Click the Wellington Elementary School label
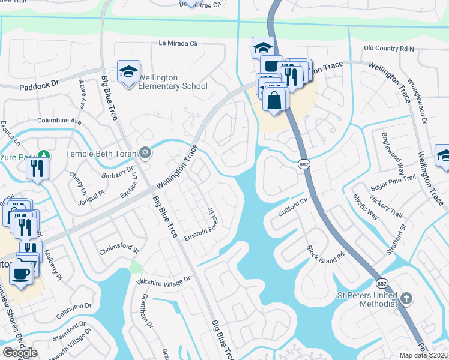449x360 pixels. click(x=173, y=82)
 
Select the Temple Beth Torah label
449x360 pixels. click(x=102, y=154)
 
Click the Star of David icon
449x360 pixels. click(x=145, y=154)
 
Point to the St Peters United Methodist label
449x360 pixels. click(x=367, y=299)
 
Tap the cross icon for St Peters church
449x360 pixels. click(x=406, y=298)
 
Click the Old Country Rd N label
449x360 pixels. click(x=389, y=48)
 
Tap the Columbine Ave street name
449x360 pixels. click(x=59, y=121)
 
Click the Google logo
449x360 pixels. click(x=20, y=352)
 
